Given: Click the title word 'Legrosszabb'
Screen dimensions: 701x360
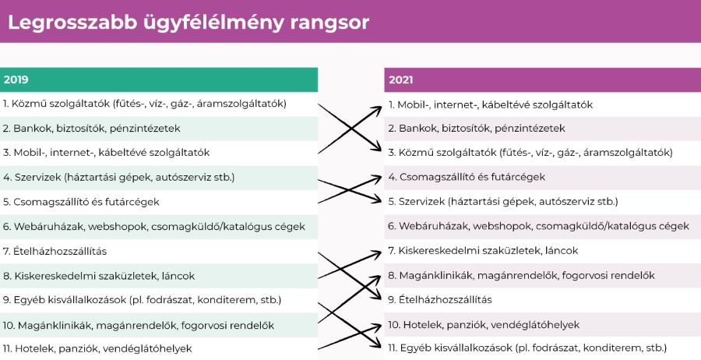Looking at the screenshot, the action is tap(72, 23).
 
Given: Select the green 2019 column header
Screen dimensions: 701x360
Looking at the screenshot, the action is tap(159, 79).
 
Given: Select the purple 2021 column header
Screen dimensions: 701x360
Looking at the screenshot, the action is tap(542, 80).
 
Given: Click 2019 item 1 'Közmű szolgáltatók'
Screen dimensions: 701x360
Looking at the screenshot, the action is tap(144, 104).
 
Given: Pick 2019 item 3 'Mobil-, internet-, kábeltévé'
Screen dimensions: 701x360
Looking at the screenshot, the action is tap(106, 153).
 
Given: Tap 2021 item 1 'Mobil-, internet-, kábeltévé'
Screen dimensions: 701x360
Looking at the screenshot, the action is tap(491, 104).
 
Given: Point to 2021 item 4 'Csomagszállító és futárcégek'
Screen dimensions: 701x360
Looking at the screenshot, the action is tap(467, 177).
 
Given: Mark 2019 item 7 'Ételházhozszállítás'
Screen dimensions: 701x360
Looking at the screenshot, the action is tap(55, 252).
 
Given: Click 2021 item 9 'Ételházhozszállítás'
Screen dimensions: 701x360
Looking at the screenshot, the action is tap(440, 300).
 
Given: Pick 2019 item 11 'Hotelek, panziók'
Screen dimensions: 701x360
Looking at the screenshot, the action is tap(97, 348).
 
